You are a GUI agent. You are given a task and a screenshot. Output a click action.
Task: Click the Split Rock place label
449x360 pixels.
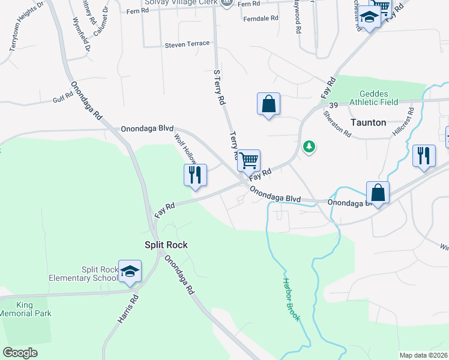pos(166,245)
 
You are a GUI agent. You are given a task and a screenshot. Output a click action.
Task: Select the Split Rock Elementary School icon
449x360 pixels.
pos(130,271)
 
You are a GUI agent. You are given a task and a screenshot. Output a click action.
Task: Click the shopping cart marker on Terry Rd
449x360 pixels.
pos(249,160)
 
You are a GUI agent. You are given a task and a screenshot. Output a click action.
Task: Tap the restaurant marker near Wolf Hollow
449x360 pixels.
pos(195,175)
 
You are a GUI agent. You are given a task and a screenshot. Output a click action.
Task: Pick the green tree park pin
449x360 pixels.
pos(309,146)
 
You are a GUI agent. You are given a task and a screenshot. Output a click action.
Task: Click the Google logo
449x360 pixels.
pos(20,352)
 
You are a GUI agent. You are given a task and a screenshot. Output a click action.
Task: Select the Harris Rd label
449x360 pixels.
pos(128,310)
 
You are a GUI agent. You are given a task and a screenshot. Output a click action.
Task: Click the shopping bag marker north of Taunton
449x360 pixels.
pos(268,104)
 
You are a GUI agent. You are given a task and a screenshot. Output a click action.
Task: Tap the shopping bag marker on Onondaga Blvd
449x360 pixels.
pos(378,193)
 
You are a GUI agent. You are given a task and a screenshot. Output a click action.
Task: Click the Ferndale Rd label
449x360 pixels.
pos(261,19)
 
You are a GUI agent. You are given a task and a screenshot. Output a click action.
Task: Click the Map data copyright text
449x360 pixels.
pos(423,355)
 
